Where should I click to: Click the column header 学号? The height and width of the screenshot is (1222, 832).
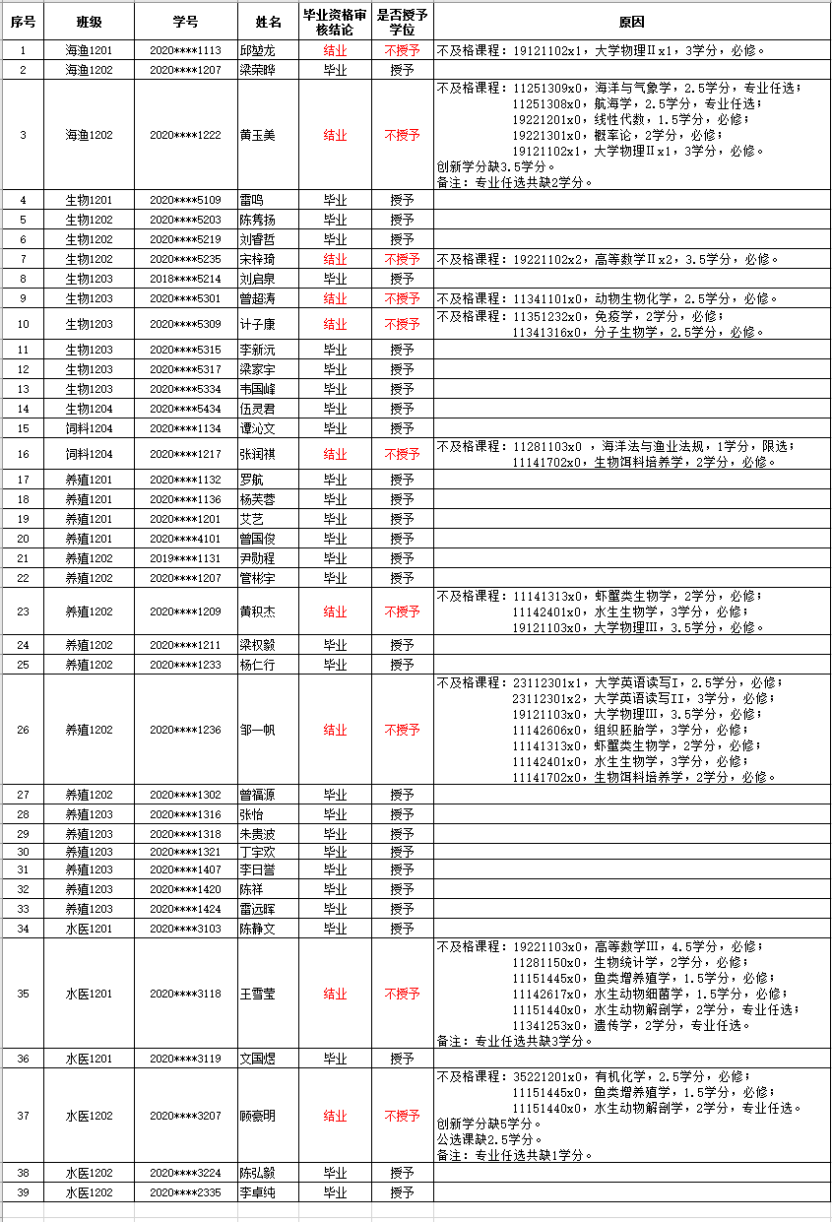(185, 22)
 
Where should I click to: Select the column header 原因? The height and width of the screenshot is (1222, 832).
(631, 22)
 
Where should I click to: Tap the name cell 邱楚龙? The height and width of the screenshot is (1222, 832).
(258, 50)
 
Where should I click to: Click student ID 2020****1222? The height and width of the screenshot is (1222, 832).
(185, 135)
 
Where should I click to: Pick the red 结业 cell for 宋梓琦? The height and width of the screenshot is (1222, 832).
(335, 259)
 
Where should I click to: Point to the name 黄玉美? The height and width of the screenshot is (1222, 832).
(258, 135)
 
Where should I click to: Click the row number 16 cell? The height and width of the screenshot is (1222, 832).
(23, 454)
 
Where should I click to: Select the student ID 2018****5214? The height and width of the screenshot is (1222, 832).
(185, 279)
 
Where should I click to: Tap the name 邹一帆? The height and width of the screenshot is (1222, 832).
(258, 730)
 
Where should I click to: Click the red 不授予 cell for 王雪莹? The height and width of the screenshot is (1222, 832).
(402, 994)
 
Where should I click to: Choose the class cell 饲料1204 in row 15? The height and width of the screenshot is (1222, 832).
(90, 428)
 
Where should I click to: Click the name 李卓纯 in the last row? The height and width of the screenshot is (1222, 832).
(258, 1192)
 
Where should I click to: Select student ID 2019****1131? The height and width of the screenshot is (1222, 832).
(185, 558)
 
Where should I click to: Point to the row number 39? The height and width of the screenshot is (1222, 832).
(23, 1192)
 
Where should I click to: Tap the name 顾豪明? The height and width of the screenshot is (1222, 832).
(258, 1116)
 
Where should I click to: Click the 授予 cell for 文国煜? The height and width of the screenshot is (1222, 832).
(402, 1059)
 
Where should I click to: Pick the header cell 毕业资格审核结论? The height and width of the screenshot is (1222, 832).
(335, 22)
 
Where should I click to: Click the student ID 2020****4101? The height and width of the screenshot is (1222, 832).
(185, 539)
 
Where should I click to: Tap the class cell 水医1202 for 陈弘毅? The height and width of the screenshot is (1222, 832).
(90, 1173)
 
